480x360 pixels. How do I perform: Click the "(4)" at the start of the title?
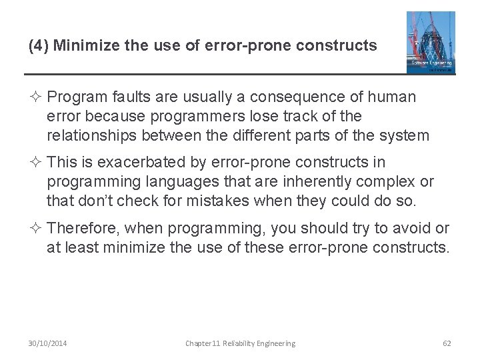pos(38,46)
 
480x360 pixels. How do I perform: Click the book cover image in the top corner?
pos(431,41)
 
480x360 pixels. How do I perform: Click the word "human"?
pos(393,97)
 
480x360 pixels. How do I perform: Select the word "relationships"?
pos(93,136)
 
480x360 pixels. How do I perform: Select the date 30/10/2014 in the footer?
pos(47,343)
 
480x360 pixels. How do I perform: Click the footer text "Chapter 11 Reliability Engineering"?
pos(240,343)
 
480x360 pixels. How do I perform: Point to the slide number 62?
pos(447,343)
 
